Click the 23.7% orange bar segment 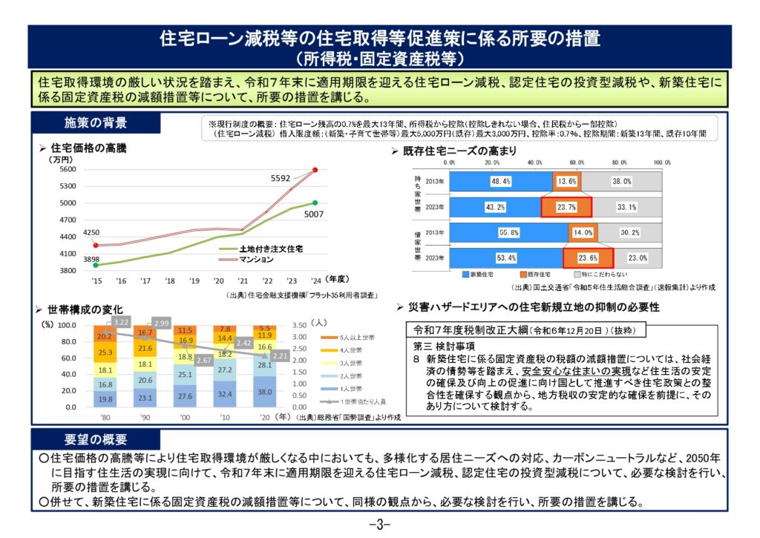(566, 207)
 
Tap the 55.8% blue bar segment (510, 232)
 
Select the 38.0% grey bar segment (621, 181)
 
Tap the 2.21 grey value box (278, 356)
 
